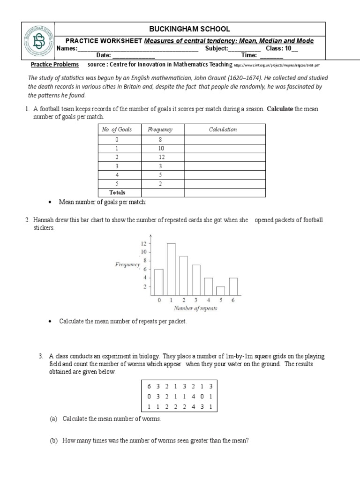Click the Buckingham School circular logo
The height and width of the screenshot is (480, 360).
pyautogui.click(x=37, y=40)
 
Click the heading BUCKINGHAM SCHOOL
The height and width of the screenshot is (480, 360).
pyautogui.click(x=189, y=29)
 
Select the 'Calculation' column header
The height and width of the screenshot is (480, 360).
pyautogui.click(x=223, y=129)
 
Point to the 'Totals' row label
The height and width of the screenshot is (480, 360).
pyautogui.click(x=117, y=192)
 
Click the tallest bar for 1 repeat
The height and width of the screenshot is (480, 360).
pyautogui.click(x=171, y=269)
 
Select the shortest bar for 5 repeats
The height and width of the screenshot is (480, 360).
pyautogui.click(x=220, y=290)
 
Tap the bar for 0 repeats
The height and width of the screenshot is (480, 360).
pyautogui.click(x=159, y=282)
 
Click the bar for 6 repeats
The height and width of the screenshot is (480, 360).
pyautogui.click(x=233, y=286)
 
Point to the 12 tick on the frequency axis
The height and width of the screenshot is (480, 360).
pyautogui.click(x=144, y=244)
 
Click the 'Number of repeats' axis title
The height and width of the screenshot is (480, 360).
pyautogui.click(x=195, y=308)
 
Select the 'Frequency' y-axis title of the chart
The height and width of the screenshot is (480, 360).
pyautogui.click(x=127, y=264)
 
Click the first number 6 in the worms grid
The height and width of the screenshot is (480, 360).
pyautogui.click(x=149, y=386)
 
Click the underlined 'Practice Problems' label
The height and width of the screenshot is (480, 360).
pyautogui.click(x=55, y=64)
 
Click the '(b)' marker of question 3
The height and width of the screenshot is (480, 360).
pyautogui.click(x=53, y=441)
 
